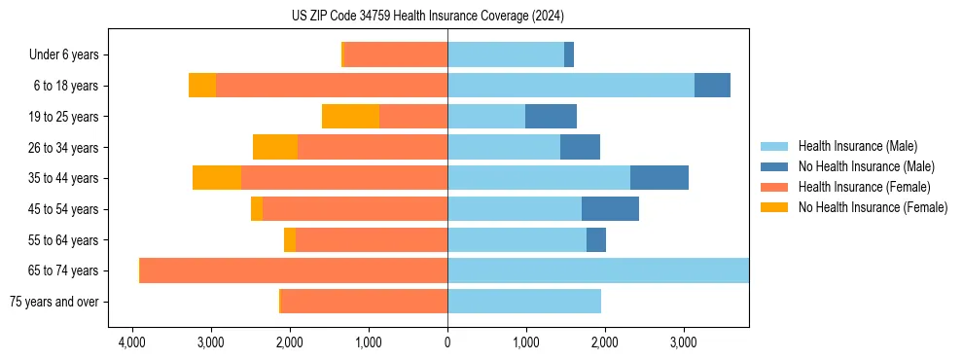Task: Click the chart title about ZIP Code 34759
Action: coord(427,16)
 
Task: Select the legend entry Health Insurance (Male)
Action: coord(857,146)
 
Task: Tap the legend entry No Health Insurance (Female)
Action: coord(873,207)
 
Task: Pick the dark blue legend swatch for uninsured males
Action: coord(774,166)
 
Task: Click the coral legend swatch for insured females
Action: coord(774,187)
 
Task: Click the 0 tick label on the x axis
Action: coord(447,342)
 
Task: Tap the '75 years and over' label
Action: coord(53,302)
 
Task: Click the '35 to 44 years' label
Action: coord(65,178)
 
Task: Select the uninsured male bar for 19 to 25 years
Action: coord(551,117)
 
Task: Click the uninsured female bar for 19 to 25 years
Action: coord(350,117)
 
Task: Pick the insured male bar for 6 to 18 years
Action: coord(570,86)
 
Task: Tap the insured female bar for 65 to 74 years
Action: coord(294,270)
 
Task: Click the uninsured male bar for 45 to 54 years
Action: coord(610,209)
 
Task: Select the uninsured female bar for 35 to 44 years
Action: coord(217,178)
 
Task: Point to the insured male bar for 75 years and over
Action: coord(523,302)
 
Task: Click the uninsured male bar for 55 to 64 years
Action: coord(596,240)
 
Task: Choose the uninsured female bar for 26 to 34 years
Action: coord(275,148)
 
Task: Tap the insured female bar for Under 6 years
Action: coord(395,55)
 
